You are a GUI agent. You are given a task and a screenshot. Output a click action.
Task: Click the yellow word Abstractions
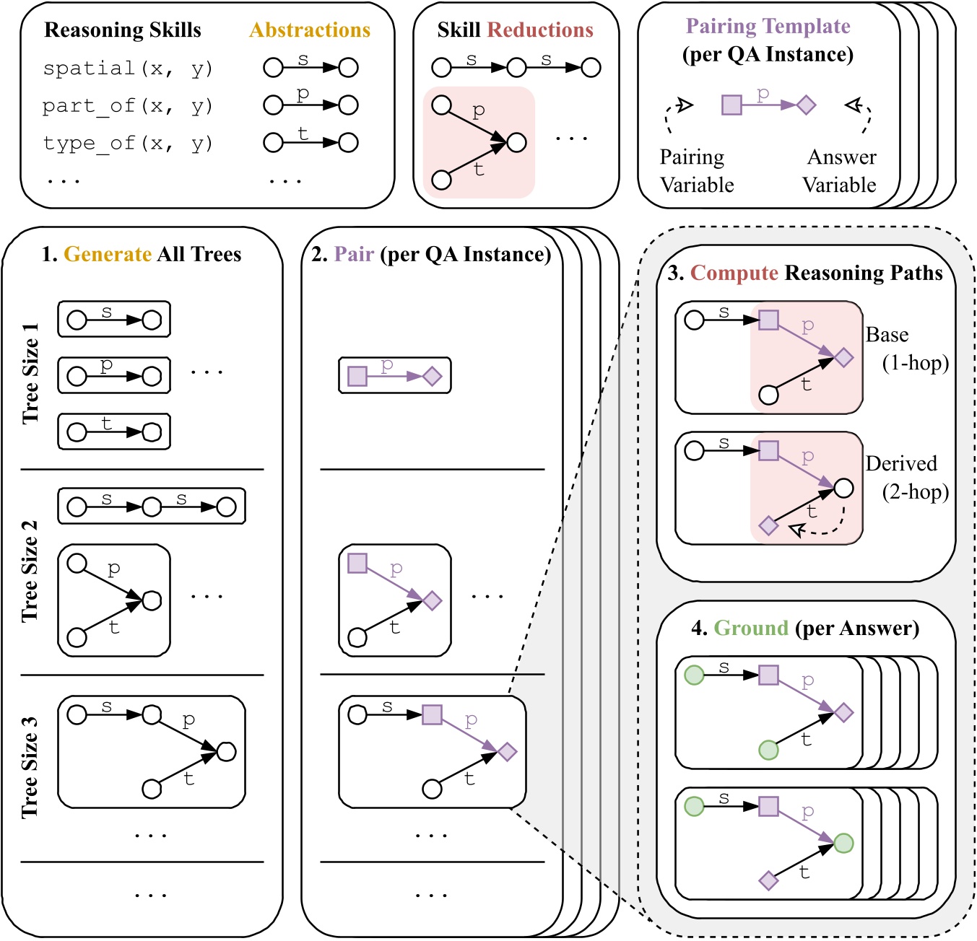pyautogui.click(x=310, y=30)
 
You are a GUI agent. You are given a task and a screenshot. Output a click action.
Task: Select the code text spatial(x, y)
pyautogui.click(x=128, y=69)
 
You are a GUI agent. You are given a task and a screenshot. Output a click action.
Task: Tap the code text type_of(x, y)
pyautogui.click(x=128, y=143)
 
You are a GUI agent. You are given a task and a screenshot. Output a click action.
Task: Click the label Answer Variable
pyautogui.click(x=840, y=171)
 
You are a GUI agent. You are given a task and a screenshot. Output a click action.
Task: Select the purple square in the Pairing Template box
pyautogui.click(x=731, y=105)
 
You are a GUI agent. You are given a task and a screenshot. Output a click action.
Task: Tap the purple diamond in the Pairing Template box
pyautogui.click(x=806, y=105)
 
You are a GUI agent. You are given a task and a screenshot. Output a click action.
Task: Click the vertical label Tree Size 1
pyautogui.click(x=30, y=374)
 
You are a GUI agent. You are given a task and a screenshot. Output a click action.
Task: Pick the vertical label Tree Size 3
pyautogui.click(x=30, y=768)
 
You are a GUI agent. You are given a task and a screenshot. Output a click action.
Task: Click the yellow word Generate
pyautogui.click(x=108, y=255)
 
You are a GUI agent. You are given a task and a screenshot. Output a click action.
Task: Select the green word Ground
pyautogui.click(x=751, y=629)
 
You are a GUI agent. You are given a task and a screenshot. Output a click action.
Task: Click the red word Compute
pyautogui.click(x=734, y=273)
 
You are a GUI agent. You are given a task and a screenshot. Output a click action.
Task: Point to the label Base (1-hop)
pyautogui.click(x=907, y=349)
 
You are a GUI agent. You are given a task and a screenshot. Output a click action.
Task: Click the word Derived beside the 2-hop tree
pyautogui.click(x=901, y=463)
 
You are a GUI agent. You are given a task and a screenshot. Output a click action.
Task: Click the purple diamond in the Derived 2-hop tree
pyautogui.click(x=769, y=526)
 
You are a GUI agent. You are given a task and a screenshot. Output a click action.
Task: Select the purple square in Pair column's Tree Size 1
pyautogui.click(x=357, y=376)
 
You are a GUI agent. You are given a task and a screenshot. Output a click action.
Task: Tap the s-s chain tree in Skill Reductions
pyautogui.click(x=516, y=68)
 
